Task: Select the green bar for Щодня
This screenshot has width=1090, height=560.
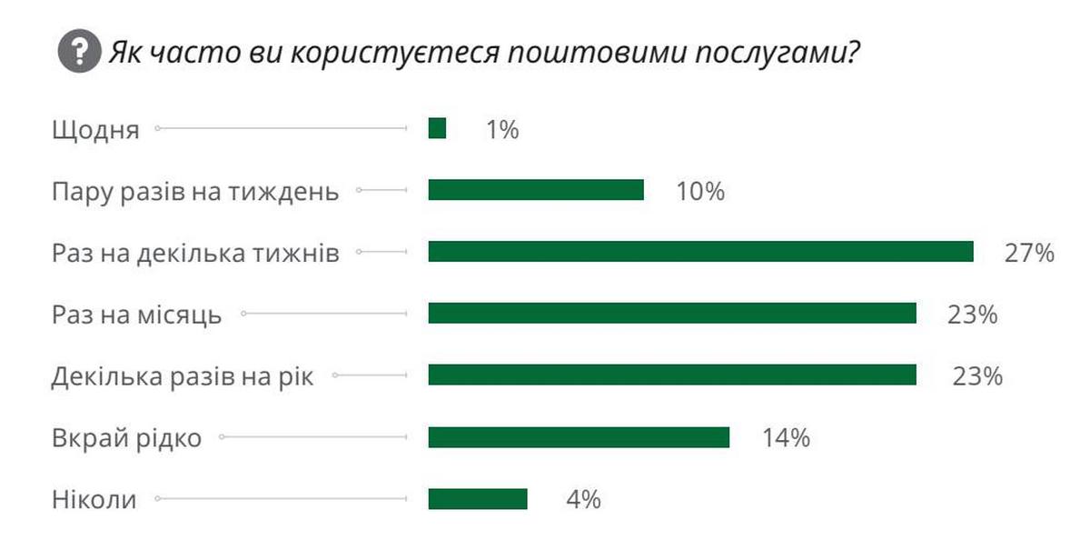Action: tap(437, 129)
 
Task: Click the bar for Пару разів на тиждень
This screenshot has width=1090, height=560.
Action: tap(536, 190)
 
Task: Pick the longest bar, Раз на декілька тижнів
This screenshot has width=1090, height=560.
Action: tap(700, 252)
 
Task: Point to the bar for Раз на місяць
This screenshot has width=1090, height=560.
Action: tap(672, 314)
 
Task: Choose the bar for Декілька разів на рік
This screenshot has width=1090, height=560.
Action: tap(672, 375)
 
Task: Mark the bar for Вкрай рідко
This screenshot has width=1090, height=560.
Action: tap(579, 437)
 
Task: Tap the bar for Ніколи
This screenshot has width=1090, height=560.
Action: tap(478, 499)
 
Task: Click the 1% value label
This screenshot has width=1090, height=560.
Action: tap(501, 130)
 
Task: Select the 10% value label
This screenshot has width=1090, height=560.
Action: tap(699, 191)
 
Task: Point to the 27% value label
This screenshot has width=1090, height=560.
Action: tap(1029, 253)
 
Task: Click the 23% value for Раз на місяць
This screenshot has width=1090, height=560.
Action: tap(973, 315)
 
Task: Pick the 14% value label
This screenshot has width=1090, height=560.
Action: tap(786, 438)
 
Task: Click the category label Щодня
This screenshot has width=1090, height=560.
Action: tap(95, 130)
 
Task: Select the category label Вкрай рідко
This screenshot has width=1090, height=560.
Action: tap(126, 438)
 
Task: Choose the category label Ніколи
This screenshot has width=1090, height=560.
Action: tap(94, 500)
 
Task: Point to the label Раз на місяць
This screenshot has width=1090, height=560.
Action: tap(136, 315)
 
